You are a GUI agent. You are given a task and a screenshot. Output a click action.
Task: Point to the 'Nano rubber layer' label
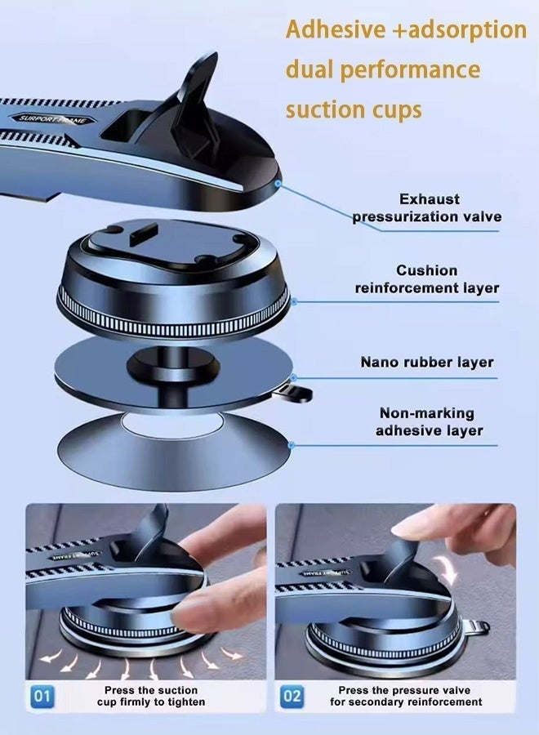point(427,362)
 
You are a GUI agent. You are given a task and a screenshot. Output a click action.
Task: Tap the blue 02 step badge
point(292,697)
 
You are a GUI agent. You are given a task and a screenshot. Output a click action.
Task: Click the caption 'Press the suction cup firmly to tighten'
point(151,697)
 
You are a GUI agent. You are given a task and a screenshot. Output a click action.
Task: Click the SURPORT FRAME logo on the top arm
point(53,118)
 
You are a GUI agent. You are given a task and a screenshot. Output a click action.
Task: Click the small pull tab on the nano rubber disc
point(294,394)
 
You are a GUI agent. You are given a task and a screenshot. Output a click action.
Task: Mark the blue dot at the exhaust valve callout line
point(278,183)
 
